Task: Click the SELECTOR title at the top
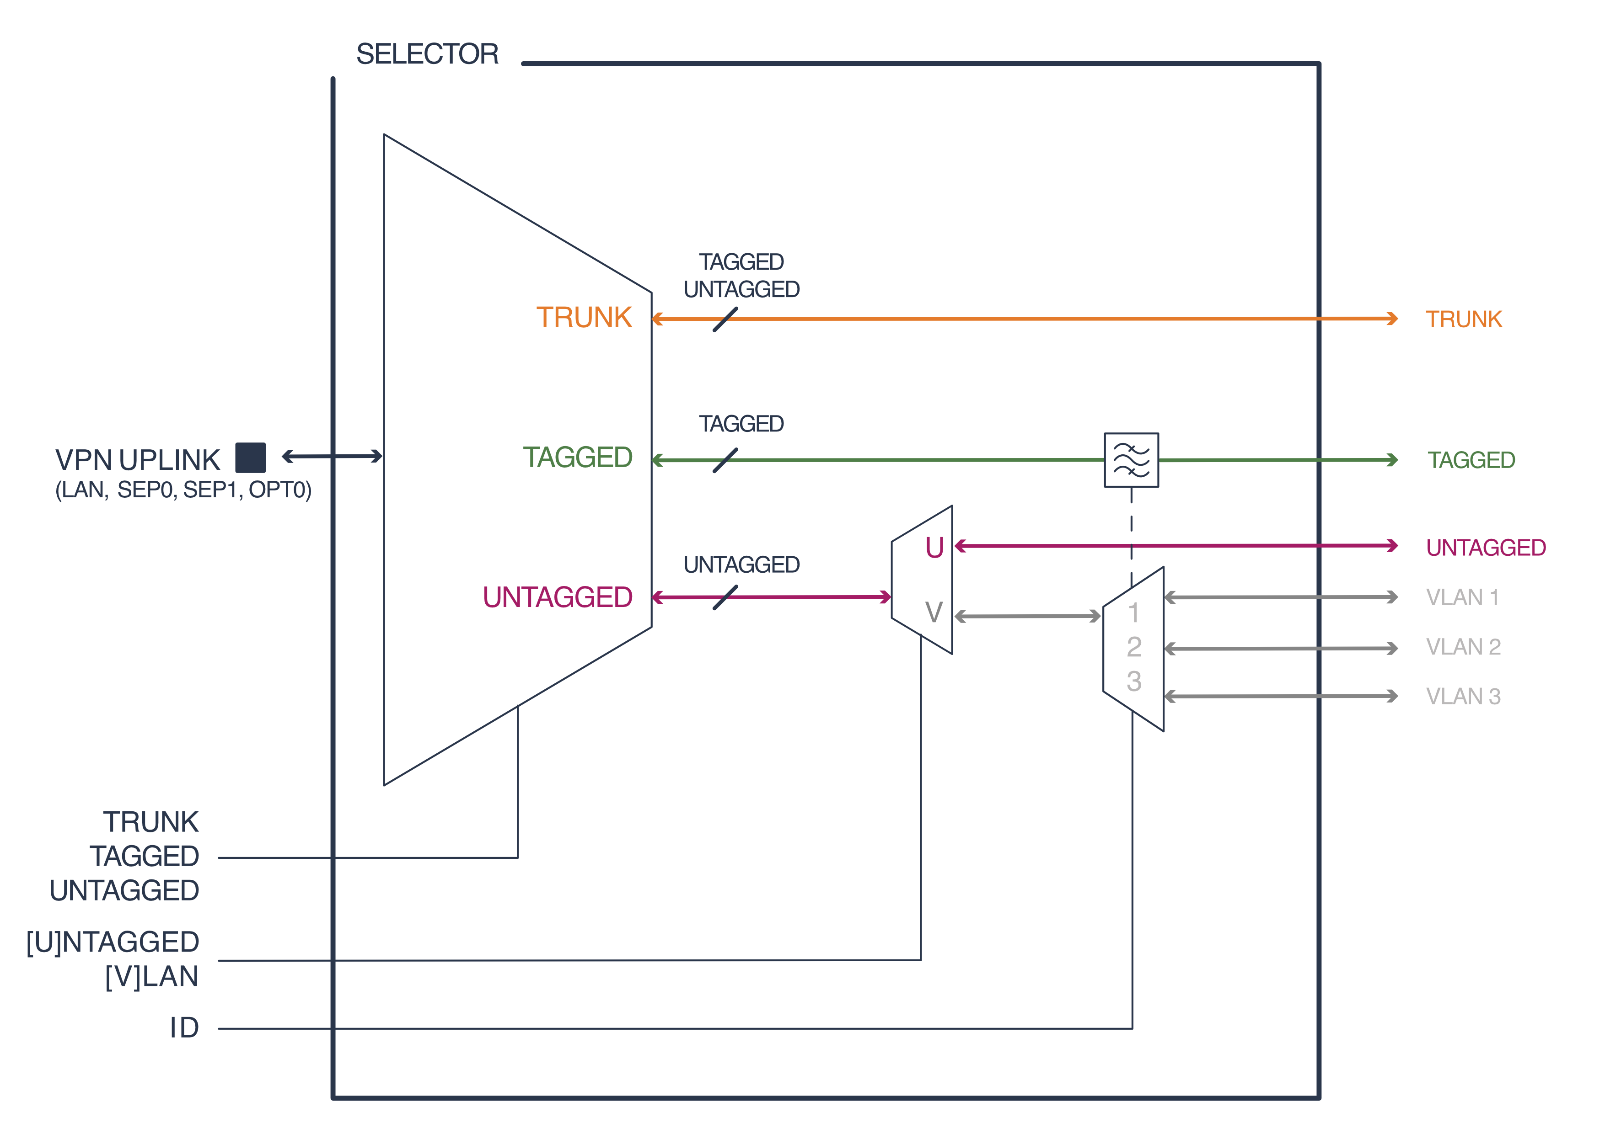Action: [x=427, y=54]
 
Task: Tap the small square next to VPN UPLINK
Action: [x=250, y=458]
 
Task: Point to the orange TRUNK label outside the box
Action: [x=1463, y=319]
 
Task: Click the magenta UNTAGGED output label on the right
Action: [x=1486, y=548]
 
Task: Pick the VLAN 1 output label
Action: [x=1462, y=597]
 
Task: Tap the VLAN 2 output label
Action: [x=1463, y=647]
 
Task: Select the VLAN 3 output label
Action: [x=1463, y=697]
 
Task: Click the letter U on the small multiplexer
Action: [x=934, y=548]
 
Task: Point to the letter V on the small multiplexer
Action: [x=934, y=613]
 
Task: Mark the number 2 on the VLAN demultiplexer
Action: [x=1134, y=647]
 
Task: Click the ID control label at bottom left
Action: [x=184, y=1028]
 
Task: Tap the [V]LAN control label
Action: [x=152, y=977]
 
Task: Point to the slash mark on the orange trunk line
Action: [x=725, y=319]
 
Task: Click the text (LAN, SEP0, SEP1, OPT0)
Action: [x=183, y=490]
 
